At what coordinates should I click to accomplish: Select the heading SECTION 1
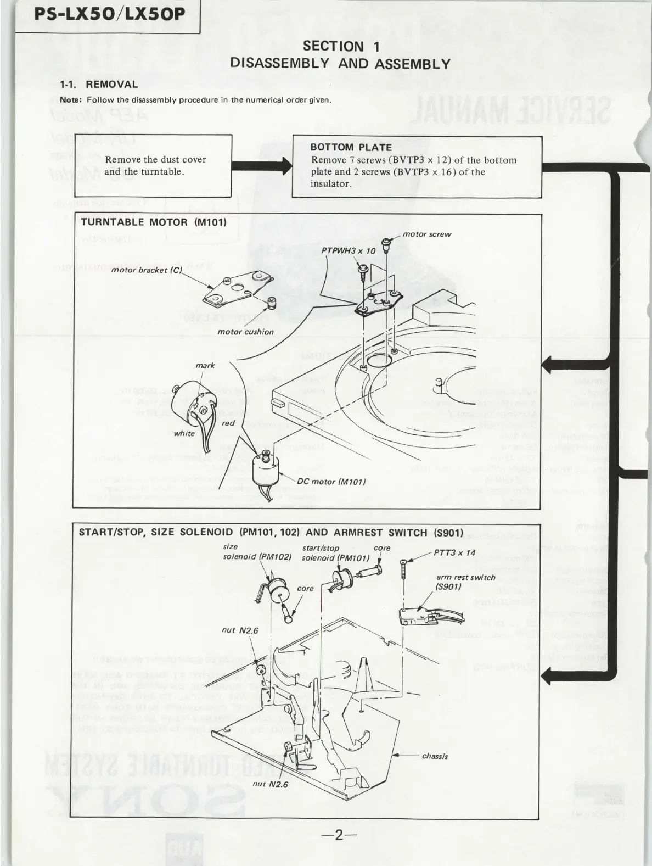tap(341, 47)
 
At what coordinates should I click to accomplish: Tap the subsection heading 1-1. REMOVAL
tap(99, 85)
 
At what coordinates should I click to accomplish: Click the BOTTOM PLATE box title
tap(351, 147)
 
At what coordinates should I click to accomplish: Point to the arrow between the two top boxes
tap(262, 165)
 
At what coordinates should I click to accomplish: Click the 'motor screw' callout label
tap(426, 234)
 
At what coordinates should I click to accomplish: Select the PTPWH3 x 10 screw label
tap(349, 251)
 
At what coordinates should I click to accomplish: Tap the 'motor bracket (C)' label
tap(146, 271)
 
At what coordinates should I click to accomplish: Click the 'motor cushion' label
tap(245, 332)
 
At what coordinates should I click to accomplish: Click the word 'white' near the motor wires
tap(184, 433)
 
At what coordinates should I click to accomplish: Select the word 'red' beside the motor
tap(228, 423)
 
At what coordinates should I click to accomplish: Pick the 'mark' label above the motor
tap(205, 366)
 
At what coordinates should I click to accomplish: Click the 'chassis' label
tap(435, 756)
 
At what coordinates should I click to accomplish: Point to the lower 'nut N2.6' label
tap(269, 784)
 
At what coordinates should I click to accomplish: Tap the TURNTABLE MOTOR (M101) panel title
tap(154, 222)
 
